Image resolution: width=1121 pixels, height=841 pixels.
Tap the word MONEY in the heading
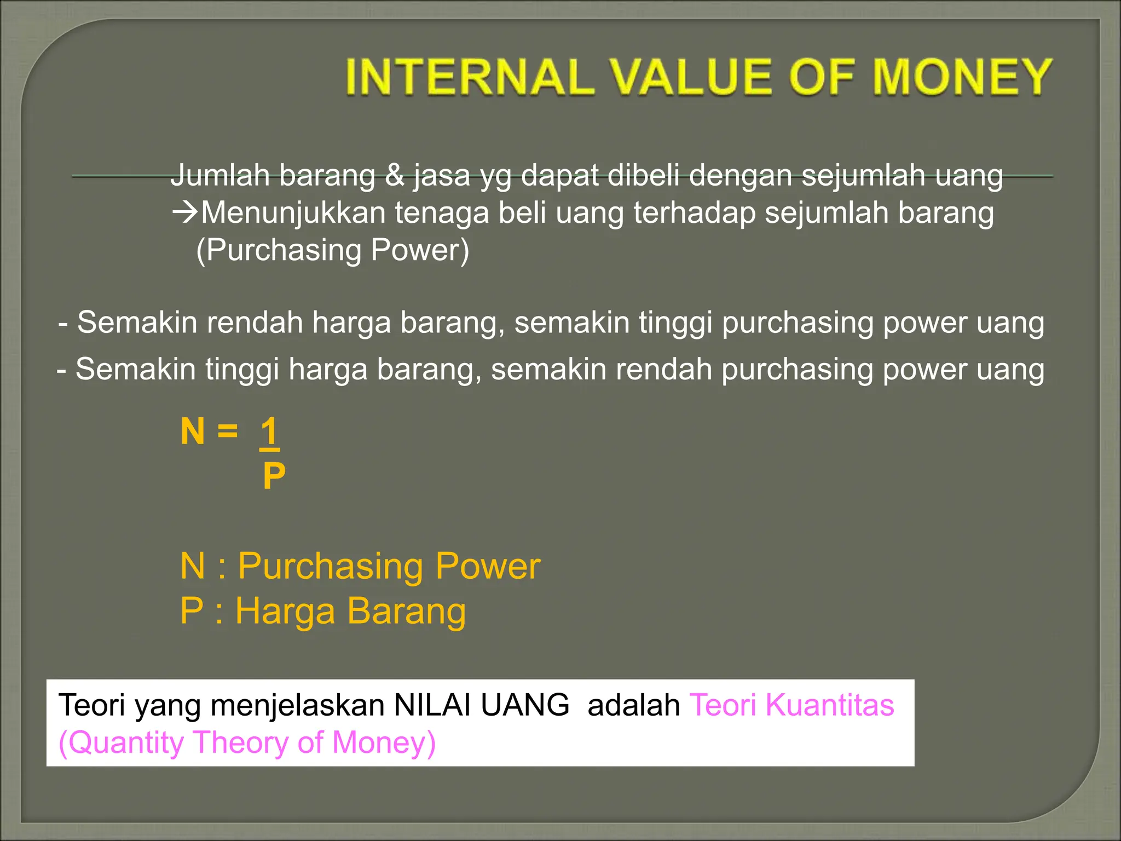[x=962, y=77]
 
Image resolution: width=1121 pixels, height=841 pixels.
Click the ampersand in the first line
[x=395, y=175]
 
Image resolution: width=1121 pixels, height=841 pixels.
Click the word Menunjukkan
[x=293, y=212]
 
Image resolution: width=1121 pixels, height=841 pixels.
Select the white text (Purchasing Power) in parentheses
[x=333, y=250]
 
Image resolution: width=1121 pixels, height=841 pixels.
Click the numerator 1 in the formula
[x=269, y=431]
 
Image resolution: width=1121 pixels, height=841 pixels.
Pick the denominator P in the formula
[x=274, y=476]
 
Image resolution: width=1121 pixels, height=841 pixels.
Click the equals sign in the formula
[x=227, y=431]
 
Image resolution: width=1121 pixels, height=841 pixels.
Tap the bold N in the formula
[x=193, y=431]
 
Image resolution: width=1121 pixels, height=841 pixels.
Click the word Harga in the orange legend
[x=285, y=610]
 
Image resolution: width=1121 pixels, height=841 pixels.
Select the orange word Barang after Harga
[x=406, y=610]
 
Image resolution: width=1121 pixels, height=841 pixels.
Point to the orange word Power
[x=487, y=566]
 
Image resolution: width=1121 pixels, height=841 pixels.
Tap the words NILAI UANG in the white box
[x=482, y=705]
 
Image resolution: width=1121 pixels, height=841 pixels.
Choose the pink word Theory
[x=241, y=743]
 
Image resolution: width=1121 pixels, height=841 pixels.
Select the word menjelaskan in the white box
[x=298, y=705]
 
